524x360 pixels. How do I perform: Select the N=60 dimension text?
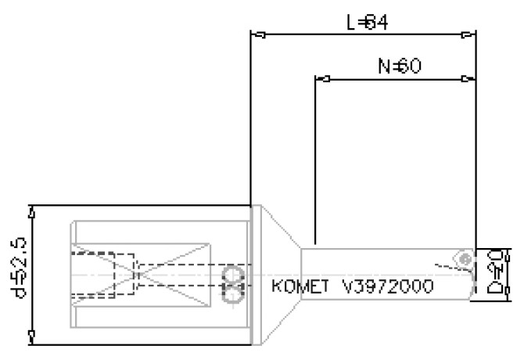(400, 67)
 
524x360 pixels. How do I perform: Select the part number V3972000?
(388, 287)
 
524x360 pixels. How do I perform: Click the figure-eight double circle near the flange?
(232, 284)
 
